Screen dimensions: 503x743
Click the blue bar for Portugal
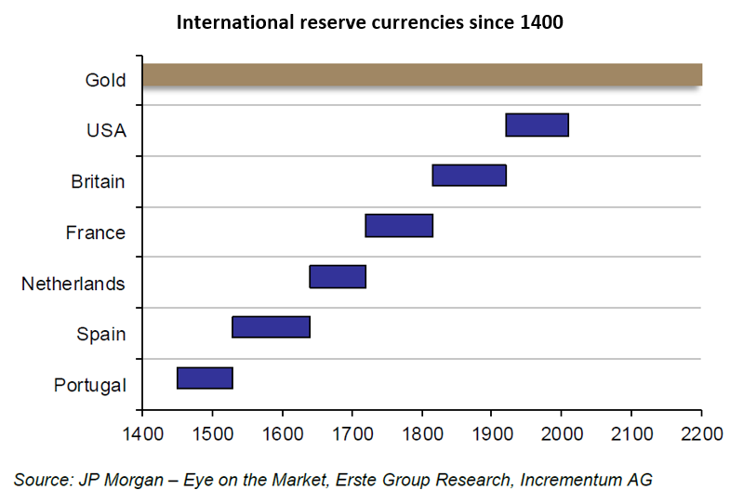[x=205, y=377]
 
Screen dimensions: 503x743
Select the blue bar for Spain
[x=271, y=326]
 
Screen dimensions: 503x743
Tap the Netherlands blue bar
[x=338, y=276]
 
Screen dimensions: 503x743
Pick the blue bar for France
[x=399, y=225]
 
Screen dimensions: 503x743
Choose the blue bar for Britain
[x=469, y=175]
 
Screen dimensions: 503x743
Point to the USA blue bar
[x=537, y=124]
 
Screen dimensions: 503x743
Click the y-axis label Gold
[x=105, y=80]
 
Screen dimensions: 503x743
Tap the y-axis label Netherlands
[x=73, y=284]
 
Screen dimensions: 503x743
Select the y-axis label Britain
[x=98, y=181]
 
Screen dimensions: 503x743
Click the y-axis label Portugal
[x=90, y=385]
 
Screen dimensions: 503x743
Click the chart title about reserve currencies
[x=370, y=21]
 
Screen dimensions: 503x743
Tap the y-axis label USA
[x=106, y=131]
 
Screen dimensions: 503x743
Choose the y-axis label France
[x=95, y=232]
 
